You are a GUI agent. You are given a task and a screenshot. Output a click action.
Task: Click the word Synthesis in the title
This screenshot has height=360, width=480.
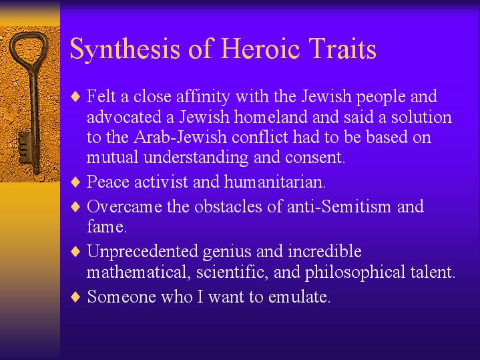125,49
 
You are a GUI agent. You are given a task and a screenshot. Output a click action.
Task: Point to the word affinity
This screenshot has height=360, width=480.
203,96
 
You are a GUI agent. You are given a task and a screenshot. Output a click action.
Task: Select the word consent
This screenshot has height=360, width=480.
315,158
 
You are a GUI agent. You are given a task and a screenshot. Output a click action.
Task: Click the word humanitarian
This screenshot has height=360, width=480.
275,182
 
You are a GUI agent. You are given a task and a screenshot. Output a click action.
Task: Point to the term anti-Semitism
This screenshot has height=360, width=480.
339,206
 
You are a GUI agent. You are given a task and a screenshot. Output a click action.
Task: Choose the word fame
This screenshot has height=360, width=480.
107,226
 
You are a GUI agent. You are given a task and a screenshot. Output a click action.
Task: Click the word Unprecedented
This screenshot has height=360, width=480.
143,251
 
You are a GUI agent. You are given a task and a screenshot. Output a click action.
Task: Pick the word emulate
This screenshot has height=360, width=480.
299,297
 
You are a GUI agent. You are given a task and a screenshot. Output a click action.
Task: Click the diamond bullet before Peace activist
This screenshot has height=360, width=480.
75,182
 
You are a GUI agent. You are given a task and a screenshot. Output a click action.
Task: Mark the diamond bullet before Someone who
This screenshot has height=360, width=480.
75,297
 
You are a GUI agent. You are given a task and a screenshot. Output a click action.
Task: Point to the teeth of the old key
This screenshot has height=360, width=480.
23,148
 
